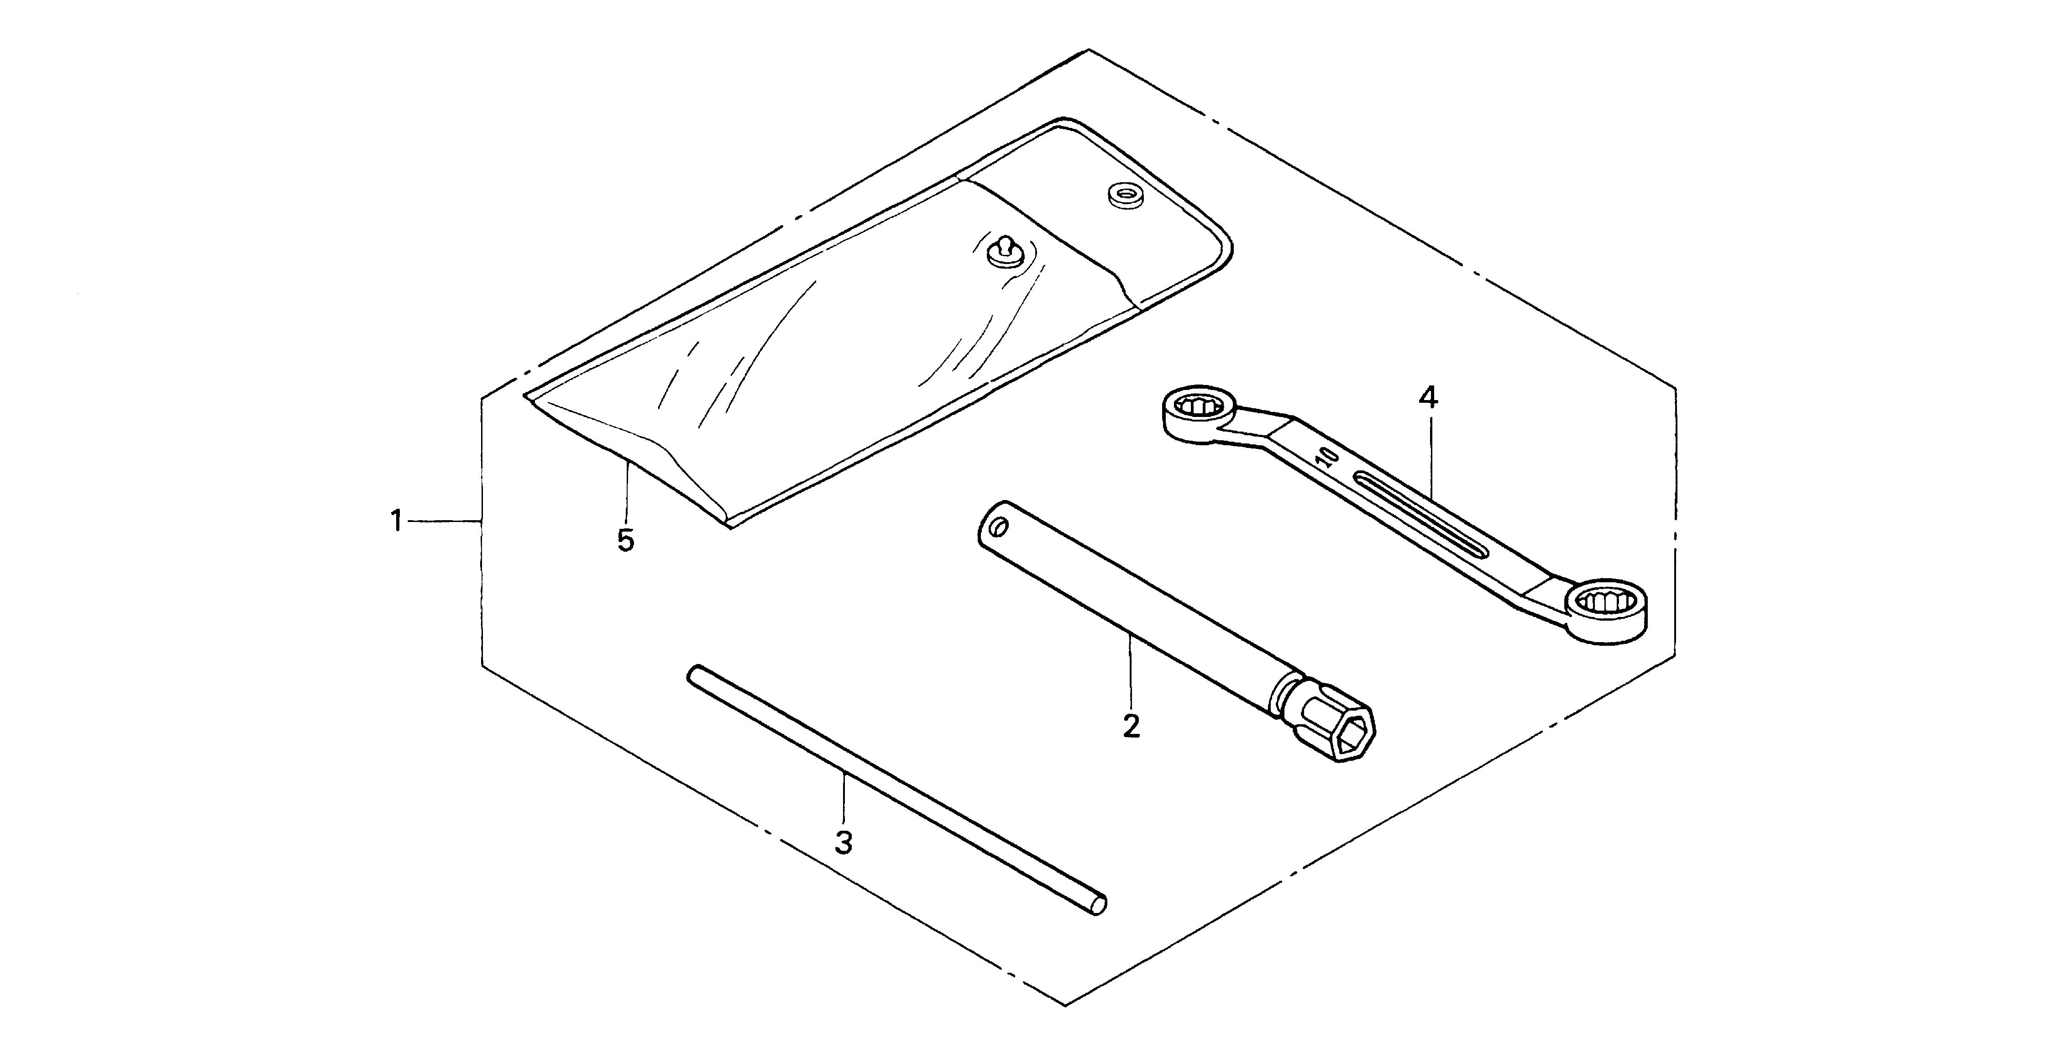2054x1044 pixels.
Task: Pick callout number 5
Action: pos(625,540)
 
